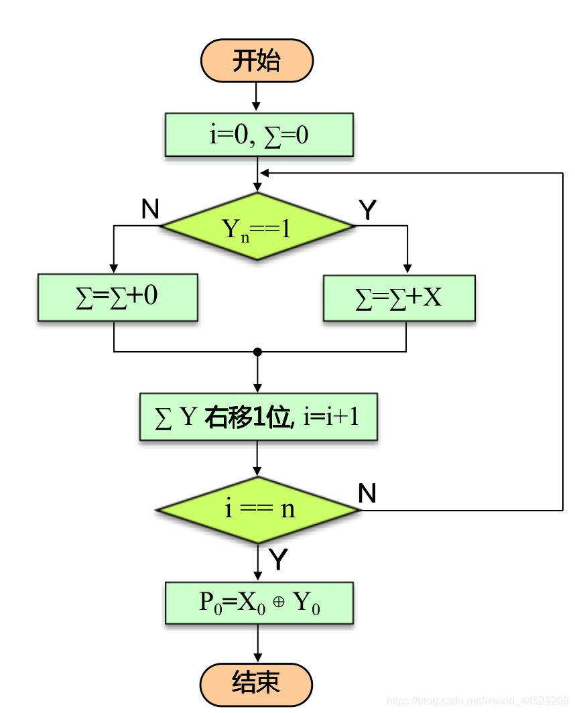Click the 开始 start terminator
pos(257,60)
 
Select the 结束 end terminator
pos(257,684)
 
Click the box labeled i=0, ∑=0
pos(259,135)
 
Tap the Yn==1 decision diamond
pos(257,227)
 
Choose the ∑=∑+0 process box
pos(117,297)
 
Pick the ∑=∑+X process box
pos(399,298)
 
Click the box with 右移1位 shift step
pos(258,417)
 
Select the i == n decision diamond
pos(259,510)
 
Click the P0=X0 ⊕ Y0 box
pos(259,602)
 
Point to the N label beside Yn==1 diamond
pos(150,210)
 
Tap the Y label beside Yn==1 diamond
pos(367,210)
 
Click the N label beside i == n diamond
pos(367,494)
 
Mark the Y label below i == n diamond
pos(278,560)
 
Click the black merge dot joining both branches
pos(257,351)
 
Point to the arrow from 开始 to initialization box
pos(256,97)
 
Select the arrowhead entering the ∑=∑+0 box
pos(114,269)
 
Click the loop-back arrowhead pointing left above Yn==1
pos(265,174)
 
